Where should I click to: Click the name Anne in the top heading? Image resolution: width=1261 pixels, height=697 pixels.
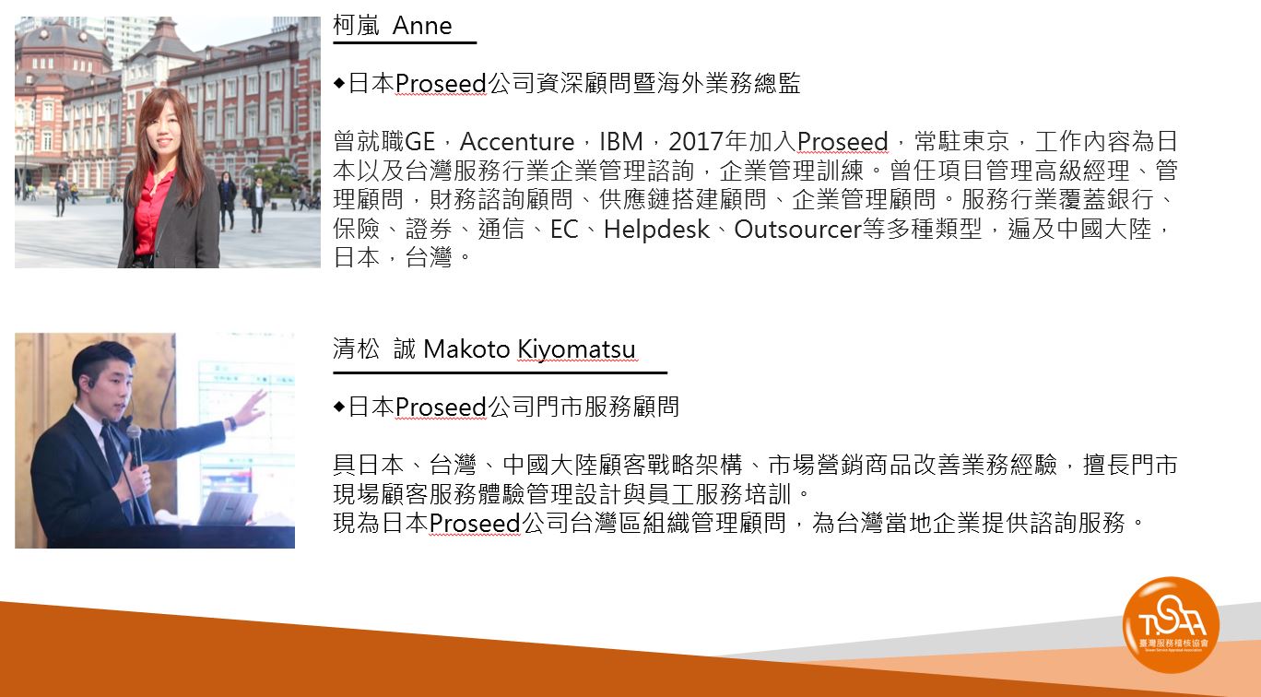point(422,26)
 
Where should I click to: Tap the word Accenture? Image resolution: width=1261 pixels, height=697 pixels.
point(517,141)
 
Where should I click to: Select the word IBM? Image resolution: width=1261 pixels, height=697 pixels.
point(621,141)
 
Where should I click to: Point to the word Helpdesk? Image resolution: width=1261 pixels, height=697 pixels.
point(656,230)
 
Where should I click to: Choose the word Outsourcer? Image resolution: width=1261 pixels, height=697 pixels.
point(797,230)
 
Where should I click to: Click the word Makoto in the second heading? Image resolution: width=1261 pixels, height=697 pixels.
point(466,349)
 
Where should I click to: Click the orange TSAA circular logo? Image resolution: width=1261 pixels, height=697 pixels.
point(1172,624)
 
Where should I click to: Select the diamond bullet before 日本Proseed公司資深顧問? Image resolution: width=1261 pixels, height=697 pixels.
point(339,83)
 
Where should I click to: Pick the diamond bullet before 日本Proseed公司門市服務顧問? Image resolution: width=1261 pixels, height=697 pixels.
point(339,407)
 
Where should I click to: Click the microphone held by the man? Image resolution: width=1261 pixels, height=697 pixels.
point(136,444)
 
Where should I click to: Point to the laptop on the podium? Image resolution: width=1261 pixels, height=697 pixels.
point(227,508)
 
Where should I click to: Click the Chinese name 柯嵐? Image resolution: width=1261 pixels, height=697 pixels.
point(357,26)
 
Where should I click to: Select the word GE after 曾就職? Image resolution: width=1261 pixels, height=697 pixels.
point(420,141)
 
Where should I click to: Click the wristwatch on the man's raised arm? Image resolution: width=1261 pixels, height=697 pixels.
point(230,423)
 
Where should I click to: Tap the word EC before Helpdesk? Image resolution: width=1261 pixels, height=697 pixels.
point(564,230)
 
